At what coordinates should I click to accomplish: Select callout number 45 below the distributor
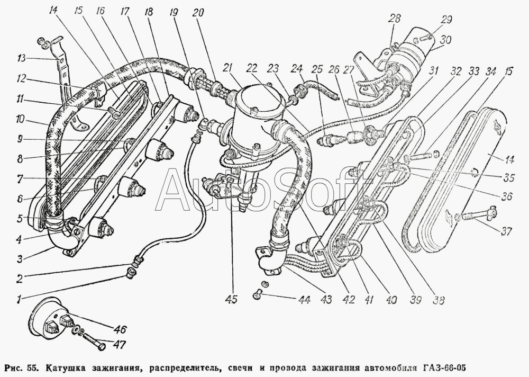[x=231, y=299]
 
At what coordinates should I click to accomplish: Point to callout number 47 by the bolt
[x=120, y=346]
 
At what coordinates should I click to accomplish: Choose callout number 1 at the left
[x=19, y=300]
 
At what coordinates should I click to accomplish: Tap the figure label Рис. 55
[x=21, y=367]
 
